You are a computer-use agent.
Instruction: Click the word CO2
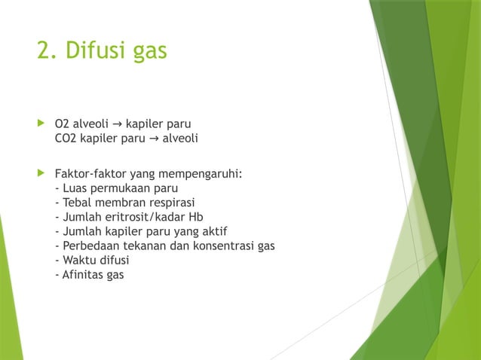[x=66, y=138]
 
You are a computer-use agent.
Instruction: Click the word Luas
[x=75, y=188]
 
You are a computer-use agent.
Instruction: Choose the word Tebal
[x=78, y=203]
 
